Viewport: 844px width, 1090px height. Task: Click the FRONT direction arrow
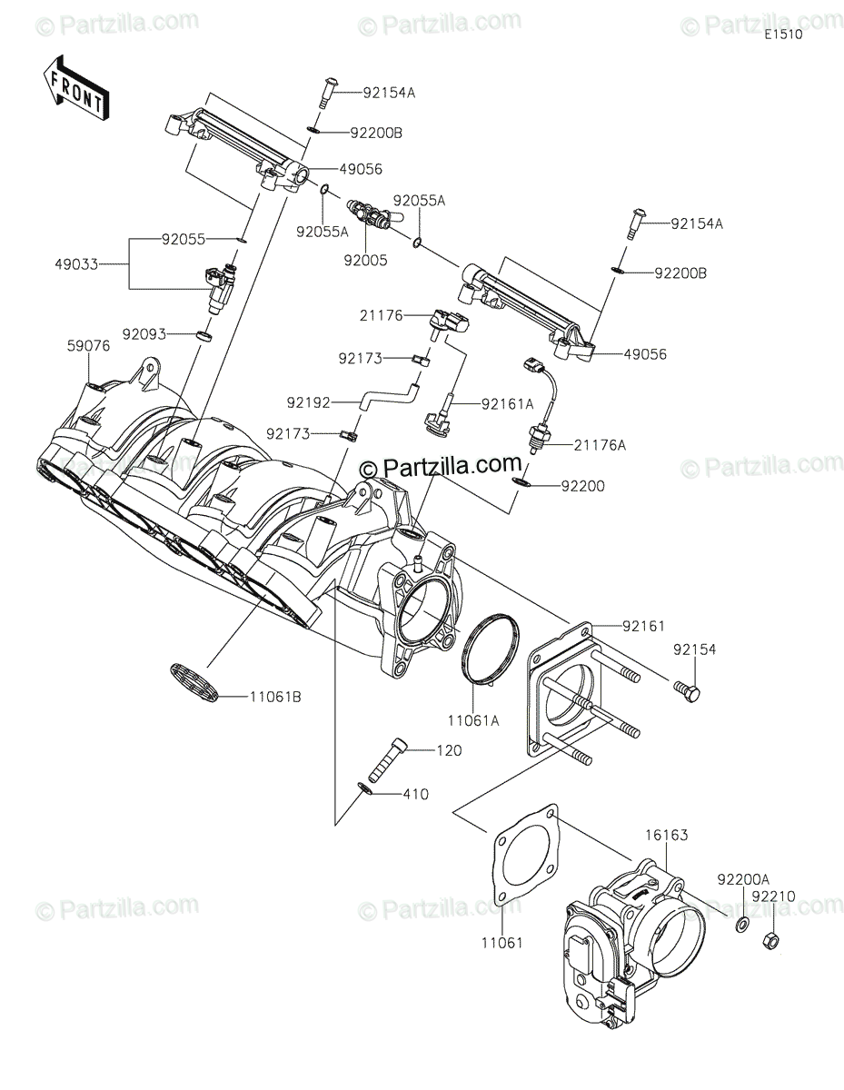74,88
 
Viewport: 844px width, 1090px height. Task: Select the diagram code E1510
782,35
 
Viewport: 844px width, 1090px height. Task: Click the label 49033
77,264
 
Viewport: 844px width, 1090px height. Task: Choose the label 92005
366,259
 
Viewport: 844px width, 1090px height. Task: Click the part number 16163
667,835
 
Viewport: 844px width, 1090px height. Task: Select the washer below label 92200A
741,926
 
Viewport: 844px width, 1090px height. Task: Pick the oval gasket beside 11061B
195,681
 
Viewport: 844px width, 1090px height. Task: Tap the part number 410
416,794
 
